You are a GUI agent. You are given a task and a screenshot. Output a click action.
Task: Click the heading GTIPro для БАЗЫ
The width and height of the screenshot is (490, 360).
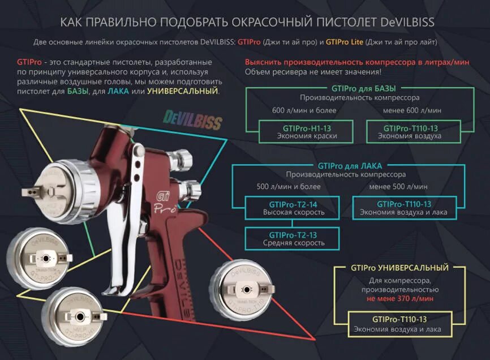pyautogui.click(x=363, y=89)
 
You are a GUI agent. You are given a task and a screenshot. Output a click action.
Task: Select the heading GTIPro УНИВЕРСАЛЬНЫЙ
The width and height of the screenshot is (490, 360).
pyautogui.click(x=399, y=268)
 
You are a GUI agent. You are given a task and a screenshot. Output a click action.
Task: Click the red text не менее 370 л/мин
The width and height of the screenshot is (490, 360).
pyautogui.click(x=399, y=298)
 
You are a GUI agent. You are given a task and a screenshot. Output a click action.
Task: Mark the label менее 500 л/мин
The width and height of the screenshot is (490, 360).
pyautogui.click(x=398, y=186)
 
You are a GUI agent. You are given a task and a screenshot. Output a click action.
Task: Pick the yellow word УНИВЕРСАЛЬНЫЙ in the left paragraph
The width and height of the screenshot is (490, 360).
pyautogui.click(x=182, y=91)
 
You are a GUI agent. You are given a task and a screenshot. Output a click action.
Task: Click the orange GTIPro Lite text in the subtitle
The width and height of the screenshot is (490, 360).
pyautogui.click(x=339, y=42)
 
